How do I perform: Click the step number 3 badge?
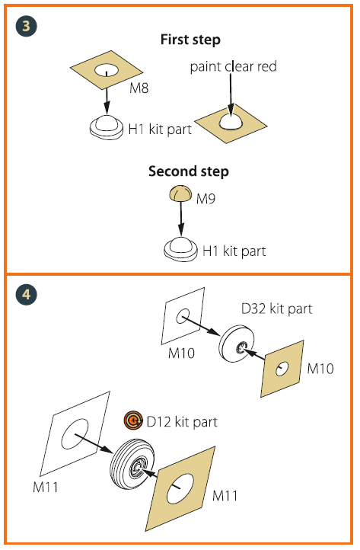[x=26, y=26]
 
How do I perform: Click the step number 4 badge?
[x=26, y=294]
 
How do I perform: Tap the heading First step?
[x=190, y=40]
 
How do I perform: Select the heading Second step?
[x=189, y=171]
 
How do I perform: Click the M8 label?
[x=139, y=88]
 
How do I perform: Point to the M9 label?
[x=205, y=199]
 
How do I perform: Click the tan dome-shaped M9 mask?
[x=181, y=194]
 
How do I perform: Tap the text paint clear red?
[x=233, y=66]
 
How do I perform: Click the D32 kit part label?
[x=276, y=309]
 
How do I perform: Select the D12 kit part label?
[x=182, y=421]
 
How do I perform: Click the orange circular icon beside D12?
[x=133, y=420]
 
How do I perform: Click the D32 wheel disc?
[x=237, y=344]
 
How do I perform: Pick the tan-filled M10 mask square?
[x=282, y=369]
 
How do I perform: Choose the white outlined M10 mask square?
[x=183, y=315]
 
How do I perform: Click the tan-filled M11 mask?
[x=180, y=488]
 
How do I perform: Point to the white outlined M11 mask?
[x=75, y=433]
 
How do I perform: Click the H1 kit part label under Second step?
[x=234, y=251]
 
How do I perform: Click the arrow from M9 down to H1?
[x=181, y=218]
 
